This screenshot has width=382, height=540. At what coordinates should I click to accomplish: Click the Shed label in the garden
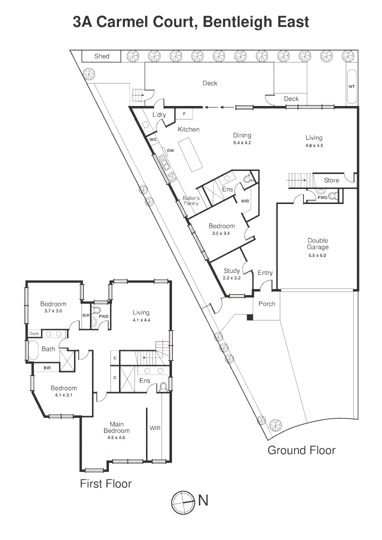coord(101,56)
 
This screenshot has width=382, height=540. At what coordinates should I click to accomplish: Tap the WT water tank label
coord(351,86)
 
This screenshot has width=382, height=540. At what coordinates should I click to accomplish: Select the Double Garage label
coord(317,244)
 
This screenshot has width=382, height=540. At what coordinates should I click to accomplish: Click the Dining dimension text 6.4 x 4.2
coord(242,142)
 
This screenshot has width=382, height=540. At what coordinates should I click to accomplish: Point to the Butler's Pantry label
coord(190,201)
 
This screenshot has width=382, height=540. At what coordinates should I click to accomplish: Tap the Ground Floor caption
coord(301,450)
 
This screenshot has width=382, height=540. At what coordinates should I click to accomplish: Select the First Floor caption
coord(105,483)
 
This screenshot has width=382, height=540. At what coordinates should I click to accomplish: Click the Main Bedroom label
coord(116,427)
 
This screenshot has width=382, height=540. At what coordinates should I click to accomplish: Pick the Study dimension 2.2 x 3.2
coord(231,277)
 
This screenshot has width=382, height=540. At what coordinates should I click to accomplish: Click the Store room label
coord(331,180)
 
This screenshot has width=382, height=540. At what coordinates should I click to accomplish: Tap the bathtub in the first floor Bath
coord(33,350)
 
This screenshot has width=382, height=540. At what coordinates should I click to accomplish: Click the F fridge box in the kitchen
coord(185,114)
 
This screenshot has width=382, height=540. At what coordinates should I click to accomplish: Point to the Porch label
coord(266,304)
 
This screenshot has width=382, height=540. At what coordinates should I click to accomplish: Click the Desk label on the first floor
coord(34,333)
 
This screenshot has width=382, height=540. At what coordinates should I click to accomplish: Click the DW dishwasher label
coord(170,150)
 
